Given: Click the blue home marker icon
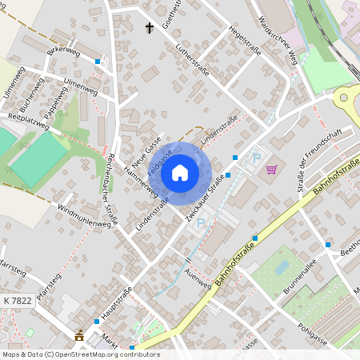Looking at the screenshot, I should pos(180,172).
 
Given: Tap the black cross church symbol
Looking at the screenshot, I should pos(149,28).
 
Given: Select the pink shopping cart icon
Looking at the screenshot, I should pos(271,169).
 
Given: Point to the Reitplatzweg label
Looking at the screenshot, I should pos(29,122).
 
